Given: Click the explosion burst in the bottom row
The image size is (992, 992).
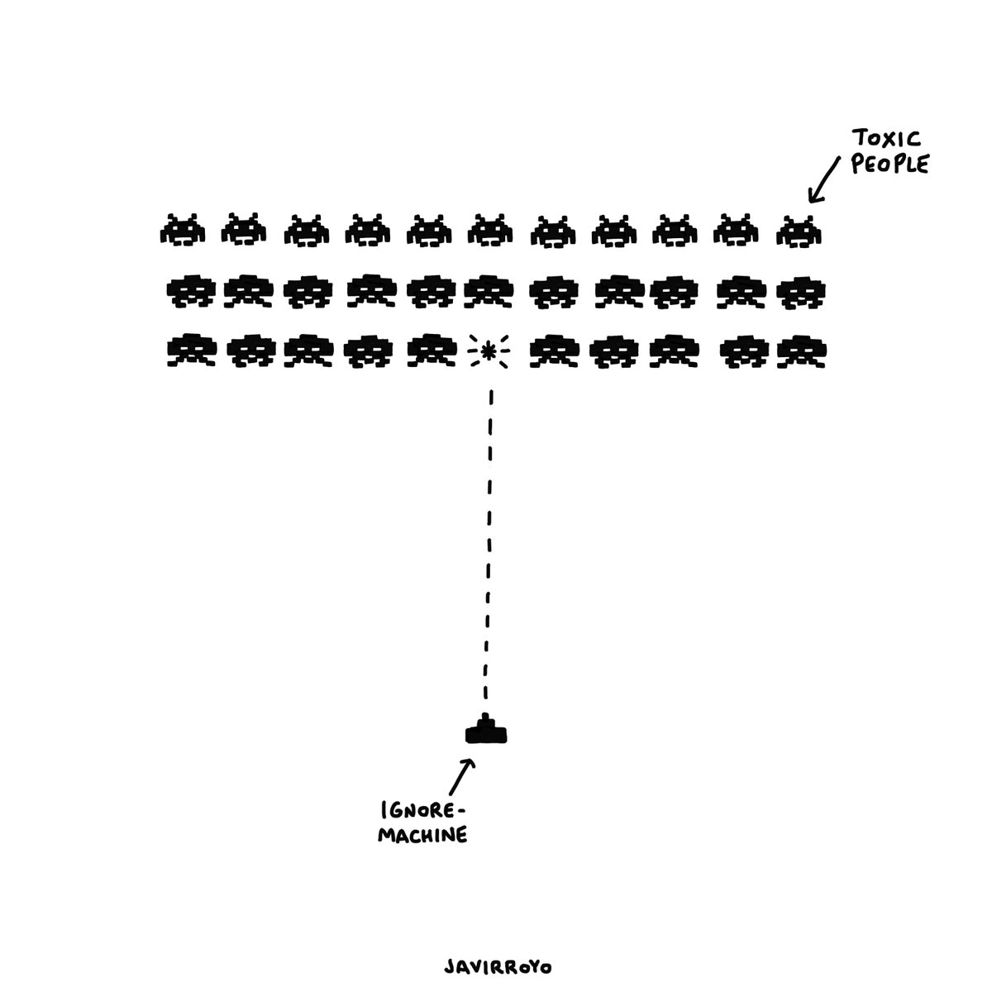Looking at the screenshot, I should pos(489,353).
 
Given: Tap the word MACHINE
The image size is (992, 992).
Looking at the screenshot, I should pos(423,836).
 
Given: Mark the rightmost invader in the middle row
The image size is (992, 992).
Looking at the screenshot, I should pos(799,291).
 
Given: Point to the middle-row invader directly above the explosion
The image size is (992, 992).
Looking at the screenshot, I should pos(489,291).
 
